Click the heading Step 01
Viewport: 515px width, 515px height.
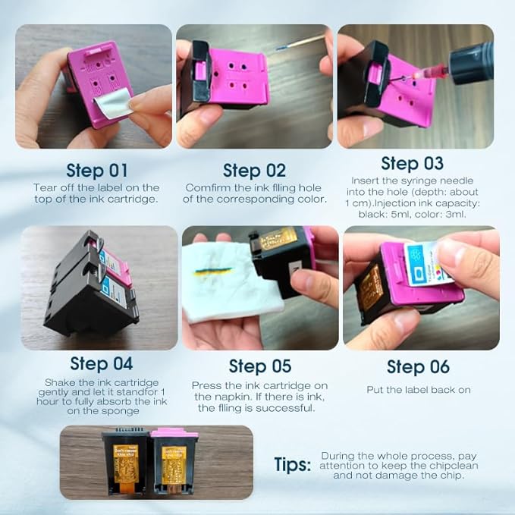(97, 169)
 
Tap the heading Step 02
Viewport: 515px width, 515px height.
(254, 170)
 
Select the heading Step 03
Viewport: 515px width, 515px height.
(412, 163)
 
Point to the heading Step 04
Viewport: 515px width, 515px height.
(101, 364)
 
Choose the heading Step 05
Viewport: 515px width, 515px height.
(260, 366)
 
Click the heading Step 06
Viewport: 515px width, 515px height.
(418, 366)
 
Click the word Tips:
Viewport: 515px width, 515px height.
(292, 465)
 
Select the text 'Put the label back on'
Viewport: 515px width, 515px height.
(418, 390)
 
